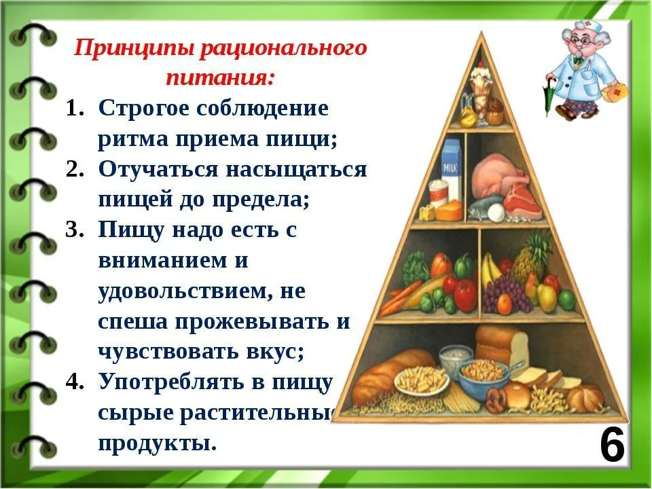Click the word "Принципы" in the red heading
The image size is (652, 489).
(x=134, y=49)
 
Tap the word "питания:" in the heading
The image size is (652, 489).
(x=220, y=77)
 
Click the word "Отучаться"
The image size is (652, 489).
(x=158, y=169)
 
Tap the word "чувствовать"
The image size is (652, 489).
(x=168, y=352)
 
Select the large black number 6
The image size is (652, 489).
(x=613, y=446)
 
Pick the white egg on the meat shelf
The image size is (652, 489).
(x=496, y=213)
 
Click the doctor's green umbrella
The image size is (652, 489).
(x=549, y=96)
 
